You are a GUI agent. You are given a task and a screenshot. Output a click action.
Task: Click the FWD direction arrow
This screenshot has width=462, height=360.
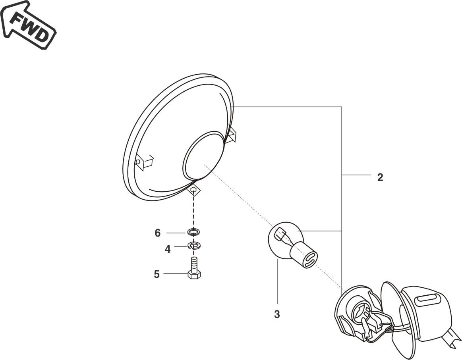click(x=28, y=24)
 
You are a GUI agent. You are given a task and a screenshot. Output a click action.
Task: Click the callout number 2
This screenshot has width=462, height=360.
click(x=380, y=177)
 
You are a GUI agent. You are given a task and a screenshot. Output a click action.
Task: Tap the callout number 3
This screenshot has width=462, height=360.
click(x=276, y=314)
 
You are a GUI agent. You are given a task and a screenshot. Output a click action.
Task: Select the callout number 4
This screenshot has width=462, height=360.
click(x=167, y=249)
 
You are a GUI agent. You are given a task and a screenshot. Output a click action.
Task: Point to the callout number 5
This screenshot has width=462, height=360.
click(x=157, y=274)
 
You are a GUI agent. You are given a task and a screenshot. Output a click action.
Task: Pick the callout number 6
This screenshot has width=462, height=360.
click(x=158, y=233)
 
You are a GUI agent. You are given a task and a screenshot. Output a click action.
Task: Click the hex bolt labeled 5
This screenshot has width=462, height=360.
click(x=194, y=267)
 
